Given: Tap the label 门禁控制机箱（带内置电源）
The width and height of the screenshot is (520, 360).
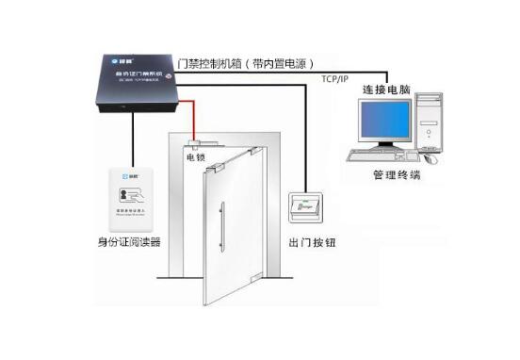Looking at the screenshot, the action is (247, 64).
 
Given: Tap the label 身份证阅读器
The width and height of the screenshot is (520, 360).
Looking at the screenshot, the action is (129, 241).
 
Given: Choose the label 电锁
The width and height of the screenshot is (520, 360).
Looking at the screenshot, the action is (195, 157).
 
